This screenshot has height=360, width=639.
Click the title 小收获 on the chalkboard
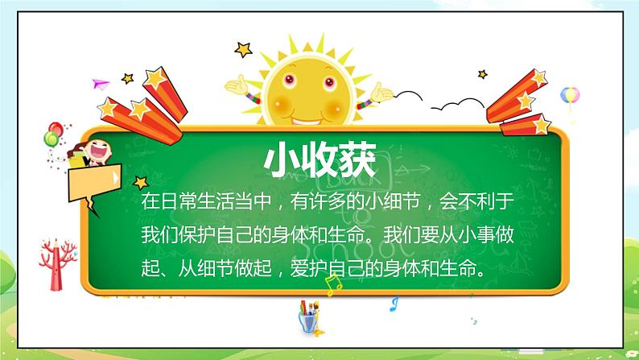click(319, 160)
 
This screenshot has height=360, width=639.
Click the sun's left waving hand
click(238, 84)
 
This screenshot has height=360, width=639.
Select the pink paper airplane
click(100, 83)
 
